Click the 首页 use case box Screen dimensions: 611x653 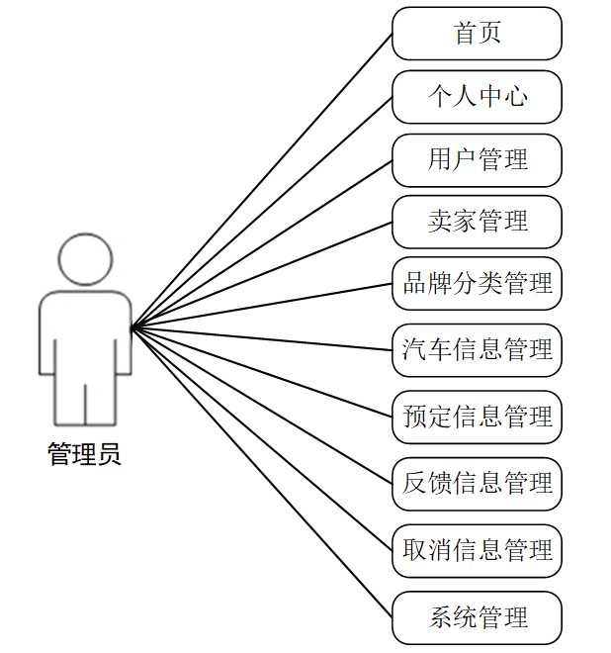tap(477, 34)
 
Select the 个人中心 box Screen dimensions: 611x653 tap(477, 97)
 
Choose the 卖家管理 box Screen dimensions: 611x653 tap(477, 222)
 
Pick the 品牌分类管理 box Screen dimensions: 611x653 tap(477, 284)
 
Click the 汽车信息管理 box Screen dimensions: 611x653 tap(477, 349)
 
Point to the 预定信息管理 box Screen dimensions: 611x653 tap(477, 417)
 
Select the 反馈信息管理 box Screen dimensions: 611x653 tap(477, 483)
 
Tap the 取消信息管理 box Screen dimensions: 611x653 tap(477, 550)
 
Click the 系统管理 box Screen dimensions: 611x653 tap(477, 618)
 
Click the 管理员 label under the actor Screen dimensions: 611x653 tap(85, 455)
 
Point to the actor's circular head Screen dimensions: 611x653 tap(85, 259)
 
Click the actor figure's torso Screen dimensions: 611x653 tap(85, 336)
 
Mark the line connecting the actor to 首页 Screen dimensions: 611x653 tap(262, 179)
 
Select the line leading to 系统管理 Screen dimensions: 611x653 tap(262, 473)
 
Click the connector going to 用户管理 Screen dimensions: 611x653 tap(262, 243)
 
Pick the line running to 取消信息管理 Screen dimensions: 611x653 tap(262, 438)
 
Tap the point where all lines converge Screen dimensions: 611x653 tap(132, 326)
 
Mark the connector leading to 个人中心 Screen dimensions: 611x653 tap(262, 212)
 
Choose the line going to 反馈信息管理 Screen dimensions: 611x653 tap(262, 405)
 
